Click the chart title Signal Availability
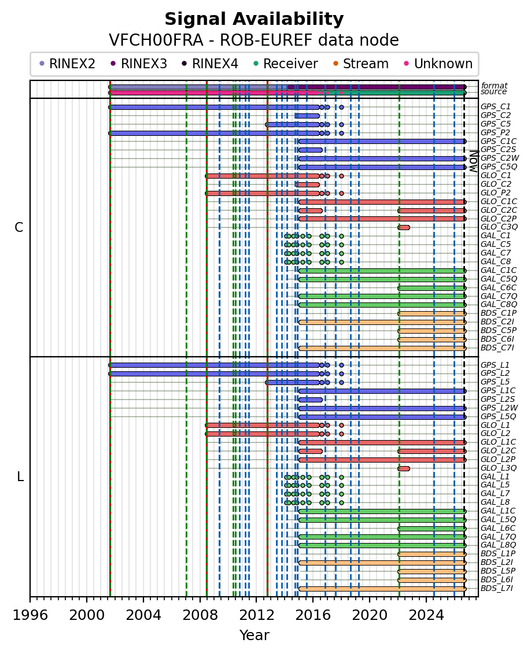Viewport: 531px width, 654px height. (254, 19)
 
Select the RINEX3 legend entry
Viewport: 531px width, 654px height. (139, 64)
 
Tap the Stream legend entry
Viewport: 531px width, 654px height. (361, 64)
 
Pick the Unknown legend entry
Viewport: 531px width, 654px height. (438, 64)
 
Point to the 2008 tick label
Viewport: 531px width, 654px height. (200, 615)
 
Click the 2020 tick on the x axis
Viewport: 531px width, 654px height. (370, 597)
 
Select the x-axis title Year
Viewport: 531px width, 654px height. (254, 635)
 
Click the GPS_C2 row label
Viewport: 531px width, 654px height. (496, 116)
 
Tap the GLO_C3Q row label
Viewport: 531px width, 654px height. (499, 227)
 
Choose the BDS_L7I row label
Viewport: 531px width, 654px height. (497, 589)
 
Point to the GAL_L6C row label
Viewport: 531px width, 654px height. (498, 529)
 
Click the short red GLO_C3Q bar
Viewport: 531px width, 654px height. (404, 227)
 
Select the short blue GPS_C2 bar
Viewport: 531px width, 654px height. (307, 116)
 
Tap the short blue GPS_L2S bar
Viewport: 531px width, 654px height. (311, 400)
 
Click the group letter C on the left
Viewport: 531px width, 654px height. (19, 227)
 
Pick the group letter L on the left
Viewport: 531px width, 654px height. (20, 476)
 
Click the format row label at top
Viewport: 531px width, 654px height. (495, 86)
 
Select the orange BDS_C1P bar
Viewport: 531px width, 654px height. (432, 313)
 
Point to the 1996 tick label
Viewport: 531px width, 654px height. (30, 615)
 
